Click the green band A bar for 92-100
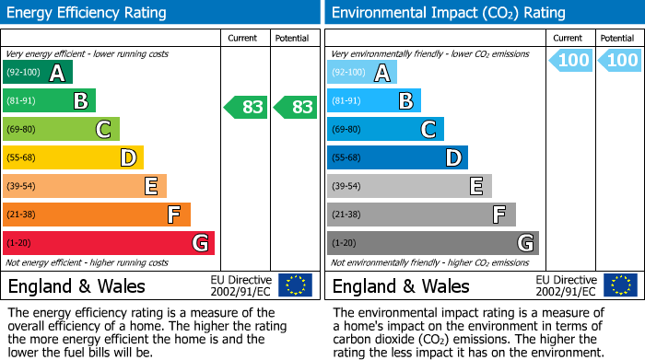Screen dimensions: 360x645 pyautogui.click(x=38, y=73)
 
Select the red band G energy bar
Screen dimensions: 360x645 pyautogui.click(x=108, y=243)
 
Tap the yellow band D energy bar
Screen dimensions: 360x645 pyautogui.click(x=73, y=158)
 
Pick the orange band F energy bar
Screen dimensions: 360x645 pyautogui.click(x=96, y=215)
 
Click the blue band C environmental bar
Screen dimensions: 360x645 pyautogui.click(x=385, y=130)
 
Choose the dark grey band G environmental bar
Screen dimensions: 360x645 pyautogui.click(x=432, y=243)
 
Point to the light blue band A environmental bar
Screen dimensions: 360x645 pyautogui.click(x=362, y=73)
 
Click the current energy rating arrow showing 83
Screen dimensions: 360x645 pyautogui.click(x=246, y=107)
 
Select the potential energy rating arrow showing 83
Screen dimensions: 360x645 pyautogui.click(x=296, y=107)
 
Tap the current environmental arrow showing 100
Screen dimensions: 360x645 pyautogui.click(x=571, y=61)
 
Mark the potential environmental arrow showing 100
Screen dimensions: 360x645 pyautogui.click(x=620, y=61)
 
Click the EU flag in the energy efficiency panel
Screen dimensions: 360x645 pyautogui.click(x=295, y=285)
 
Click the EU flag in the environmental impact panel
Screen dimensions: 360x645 pyautogui.click(x=620, y=285)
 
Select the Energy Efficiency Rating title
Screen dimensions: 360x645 pyautogui.click(x=88, y=13)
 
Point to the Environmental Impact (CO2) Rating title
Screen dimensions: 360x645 pyautogui.click(x=448, y=13)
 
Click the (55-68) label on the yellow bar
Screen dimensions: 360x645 pyautogui.click(x=23, y=158)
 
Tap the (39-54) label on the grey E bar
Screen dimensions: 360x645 pyautogui.click(x=347, y=187)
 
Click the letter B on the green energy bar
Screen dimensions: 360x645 pyautogui.click(x=80, y=101)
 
